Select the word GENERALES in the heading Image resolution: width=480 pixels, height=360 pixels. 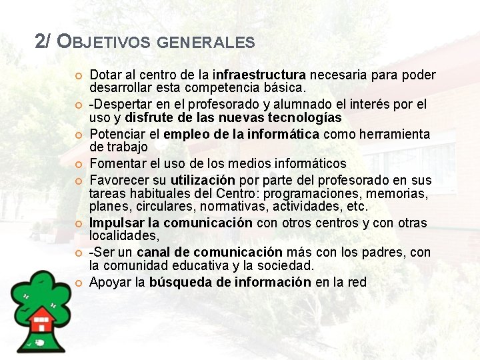click(207, 43)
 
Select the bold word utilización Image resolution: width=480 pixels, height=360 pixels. click(203, 180)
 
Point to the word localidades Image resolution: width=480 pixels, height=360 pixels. click(123, 235)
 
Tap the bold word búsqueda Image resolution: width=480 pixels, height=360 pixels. click(179, 282)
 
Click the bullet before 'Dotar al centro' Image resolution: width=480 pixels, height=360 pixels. click(78, 75)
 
